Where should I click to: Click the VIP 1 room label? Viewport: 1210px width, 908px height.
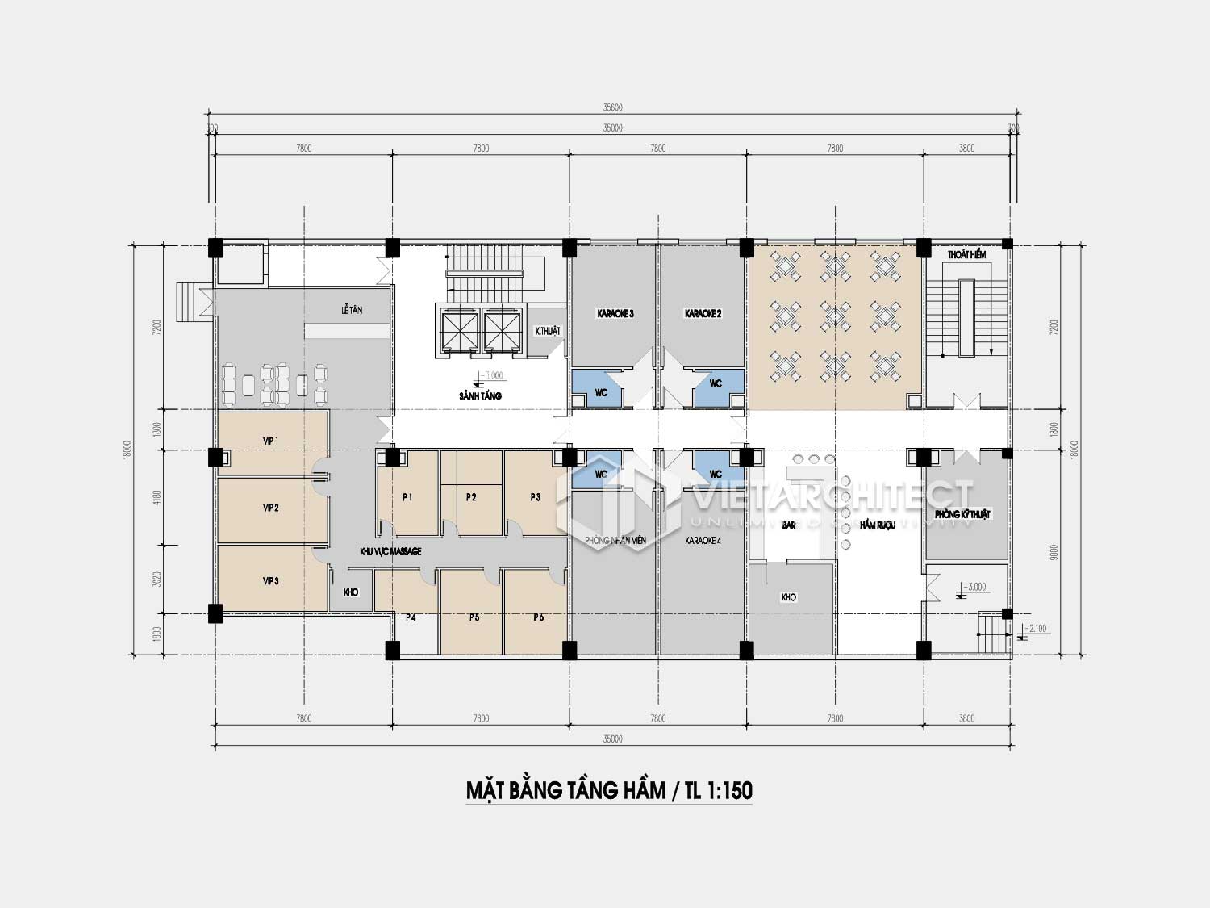click(x=270, y=441)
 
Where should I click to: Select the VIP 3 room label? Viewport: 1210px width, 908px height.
click(x=270, y=580)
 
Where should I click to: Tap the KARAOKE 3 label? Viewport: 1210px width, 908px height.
click(x=615, y=313)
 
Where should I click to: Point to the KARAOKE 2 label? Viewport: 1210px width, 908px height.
click(x=703, y=313)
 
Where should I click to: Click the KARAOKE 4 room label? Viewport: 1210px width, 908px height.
click(x=703, y=540)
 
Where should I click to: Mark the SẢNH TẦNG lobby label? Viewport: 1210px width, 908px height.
click(x=480, y=395)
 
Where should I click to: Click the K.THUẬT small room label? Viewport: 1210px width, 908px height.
click(x=547, y=331)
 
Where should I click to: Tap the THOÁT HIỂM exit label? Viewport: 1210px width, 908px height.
click(x=966, y=255)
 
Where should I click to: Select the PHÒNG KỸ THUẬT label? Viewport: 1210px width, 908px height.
click(x=962, y=514)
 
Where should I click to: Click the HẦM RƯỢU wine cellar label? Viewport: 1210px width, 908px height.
click(x=878, y=525)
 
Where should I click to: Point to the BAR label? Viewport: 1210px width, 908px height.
click(x=789, y=525)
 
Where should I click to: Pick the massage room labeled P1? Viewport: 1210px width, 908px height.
click(x=407, y=497)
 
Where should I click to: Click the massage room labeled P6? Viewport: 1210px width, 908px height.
click(x=538, y=617)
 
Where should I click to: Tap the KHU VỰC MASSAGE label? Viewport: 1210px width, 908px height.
click(x=390, y=551)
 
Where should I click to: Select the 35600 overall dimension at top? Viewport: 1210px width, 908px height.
click(x=612, y=107)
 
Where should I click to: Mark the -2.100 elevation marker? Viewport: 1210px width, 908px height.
click(x=1037, y=628)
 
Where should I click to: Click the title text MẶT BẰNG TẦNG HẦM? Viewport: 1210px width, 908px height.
click(x=565, y=790)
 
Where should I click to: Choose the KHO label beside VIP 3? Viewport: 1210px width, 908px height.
click(x=351, y=592)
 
